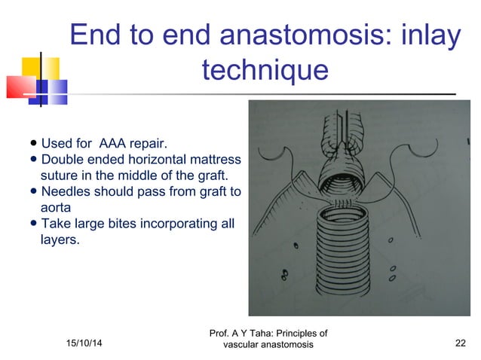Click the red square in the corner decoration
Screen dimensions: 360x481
[20, 87]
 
